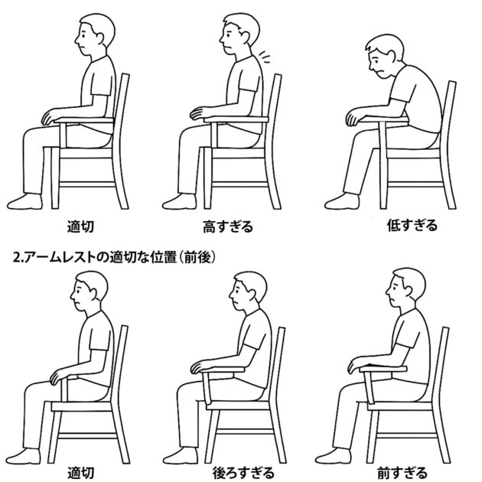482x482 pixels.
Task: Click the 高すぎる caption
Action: coord(228,227)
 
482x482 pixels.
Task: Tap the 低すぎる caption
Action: coord(412,226)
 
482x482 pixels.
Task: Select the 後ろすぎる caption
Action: coord(243,473)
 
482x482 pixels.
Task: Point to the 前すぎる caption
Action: coord(402,473)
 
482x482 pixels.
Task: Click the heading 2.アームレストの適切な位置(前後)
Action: coord(114,257)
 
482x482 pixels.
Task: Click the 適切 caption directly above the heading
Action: coord(80,227)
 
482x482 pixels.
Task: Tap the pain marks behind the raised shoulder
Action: coord(264,57)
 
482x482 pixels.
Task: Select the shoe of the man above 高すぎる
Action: coord(179,202)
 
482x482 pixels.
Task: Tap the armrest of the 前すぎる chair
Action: coord(383,369)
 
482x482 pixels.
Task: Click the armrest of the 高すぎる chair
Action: coord(236,119)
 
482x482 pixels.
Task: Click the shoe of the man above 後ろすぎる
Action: coord(180,456)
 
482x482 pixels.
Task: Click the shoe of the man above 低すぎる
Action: coord(342,201)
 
